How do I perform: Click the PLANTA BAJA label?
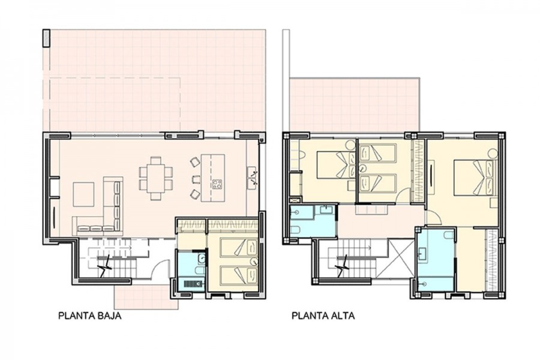[x=90, y=316]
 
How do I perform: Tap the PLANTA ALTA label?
[x=323, y=316]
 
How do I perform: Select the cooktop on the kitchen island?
[x=217, y=184]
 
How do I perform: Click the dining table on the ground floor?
[x=156, y=178]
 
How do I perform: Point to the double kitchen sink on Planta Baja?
[x=252, y=178]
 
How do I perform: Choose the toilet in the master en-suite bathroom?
[x=448, y=235]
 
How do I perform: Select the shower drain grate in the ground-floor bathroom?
[x=190, y=284]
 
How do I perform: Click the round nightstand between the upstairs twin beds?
[x=362, y=168]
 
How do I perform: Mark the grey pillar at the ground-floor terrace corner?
[x=46, y=38]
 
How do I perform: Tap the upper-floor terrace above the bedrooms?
[x=355, y=105]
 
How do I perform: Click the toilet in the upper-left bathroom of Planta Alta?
[x=295, y=229]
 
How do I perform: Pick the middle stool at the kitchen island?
[x=196, y=179]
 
